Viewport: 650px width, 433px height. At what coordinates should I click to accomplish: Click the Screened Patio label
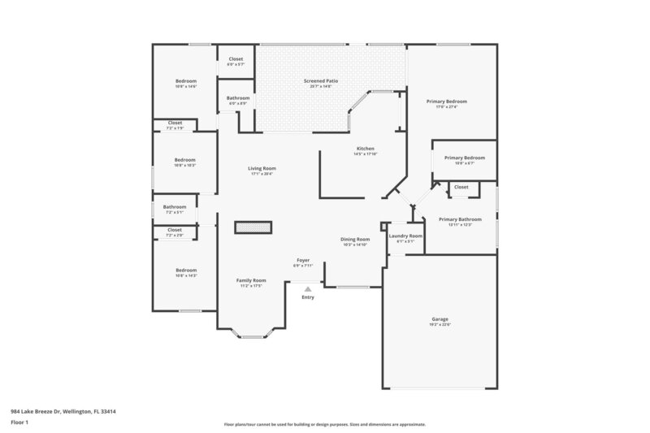(321, 81)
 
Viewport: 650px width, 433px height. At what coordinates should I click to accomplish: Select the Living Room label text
(261, 169)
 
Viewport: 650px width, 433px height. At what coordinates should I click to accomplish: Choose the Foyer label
(302, 261)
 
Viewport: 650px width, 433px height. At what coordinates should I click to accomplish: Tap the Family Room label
(251, 280)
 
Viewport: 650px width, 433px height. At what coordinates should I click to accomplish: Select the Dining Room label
(355, 240)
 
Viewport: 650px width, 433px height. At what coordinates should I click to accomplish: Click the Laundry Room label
(405, 236)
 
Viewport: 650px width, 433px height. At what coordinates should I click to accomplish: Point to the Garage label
(440, 319)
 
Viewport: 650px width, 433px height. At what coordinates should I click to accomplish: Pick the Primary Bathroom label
(460, 219)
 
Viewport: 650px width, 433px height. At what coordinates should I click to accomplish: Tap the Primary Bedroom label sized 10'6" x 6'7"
(464, 158)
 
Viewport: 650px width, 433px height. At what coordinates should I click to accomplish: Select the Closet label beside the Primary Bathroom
(461, 187)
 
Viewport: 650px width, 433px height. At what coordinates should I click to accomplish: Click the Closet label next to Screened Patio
(236, 59)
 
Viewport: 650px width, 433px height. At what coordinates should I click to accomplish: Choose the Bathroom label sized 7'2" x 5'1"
(175, 207)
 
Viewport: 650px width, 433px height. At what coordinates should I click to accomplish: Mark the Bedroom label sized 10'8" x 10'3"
(185, 160)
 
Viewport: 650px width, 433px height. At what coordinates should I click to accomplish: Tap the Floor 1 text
(20, 423)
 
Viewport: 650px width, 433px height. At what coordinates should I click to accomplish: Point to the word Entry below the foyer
(307, 297)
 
